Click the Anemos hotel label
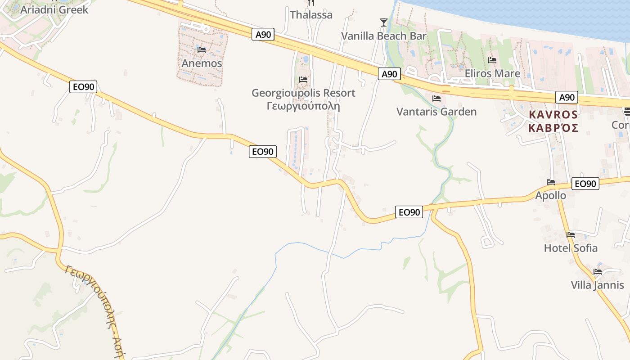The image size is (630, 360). [x=202, y=63]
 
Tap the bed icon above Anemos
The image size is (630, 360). [x=202, y=49]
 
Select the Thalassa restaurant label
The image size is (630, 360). [x=311, y=15]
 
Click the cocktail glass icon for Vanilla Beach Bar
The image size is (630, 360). [x=383, y=22]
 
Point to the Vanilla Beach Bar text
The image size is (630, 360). [x=383, y=36]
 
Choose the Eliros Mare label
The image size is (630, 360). [x=492, y=73]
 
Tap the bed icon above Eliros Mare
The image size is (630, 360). [x=492, y=60]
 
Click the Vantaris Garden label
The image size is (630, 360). [x=436, y=112]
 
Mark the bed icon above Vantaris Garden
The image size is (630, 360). [x=436, y=98]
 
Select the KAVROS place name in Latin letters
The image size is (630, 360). [x=553, y=114]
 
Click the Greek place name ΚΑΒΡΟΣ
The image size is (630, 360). [x=553, y=128]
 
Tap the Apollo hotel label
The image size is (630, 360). [x=550, y=195]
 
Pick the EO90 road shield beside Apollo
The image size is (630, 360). [x=585, y=184]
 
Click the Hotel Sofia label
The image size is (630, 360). [x=571, y=248]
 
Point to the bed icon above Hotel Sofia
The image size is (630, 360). [x=571, y=234]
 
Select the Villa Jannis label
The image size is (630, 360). [x=597, y=285]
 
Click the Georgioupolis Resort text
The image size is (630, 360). [x=303, y=93]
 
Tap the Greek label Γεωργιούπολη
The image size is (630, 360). [x=303, y=107]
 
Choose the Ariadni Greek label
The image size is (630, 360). [x=54, y=9]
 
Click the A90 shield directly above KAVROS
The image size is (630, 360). [x=567, y=97]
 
